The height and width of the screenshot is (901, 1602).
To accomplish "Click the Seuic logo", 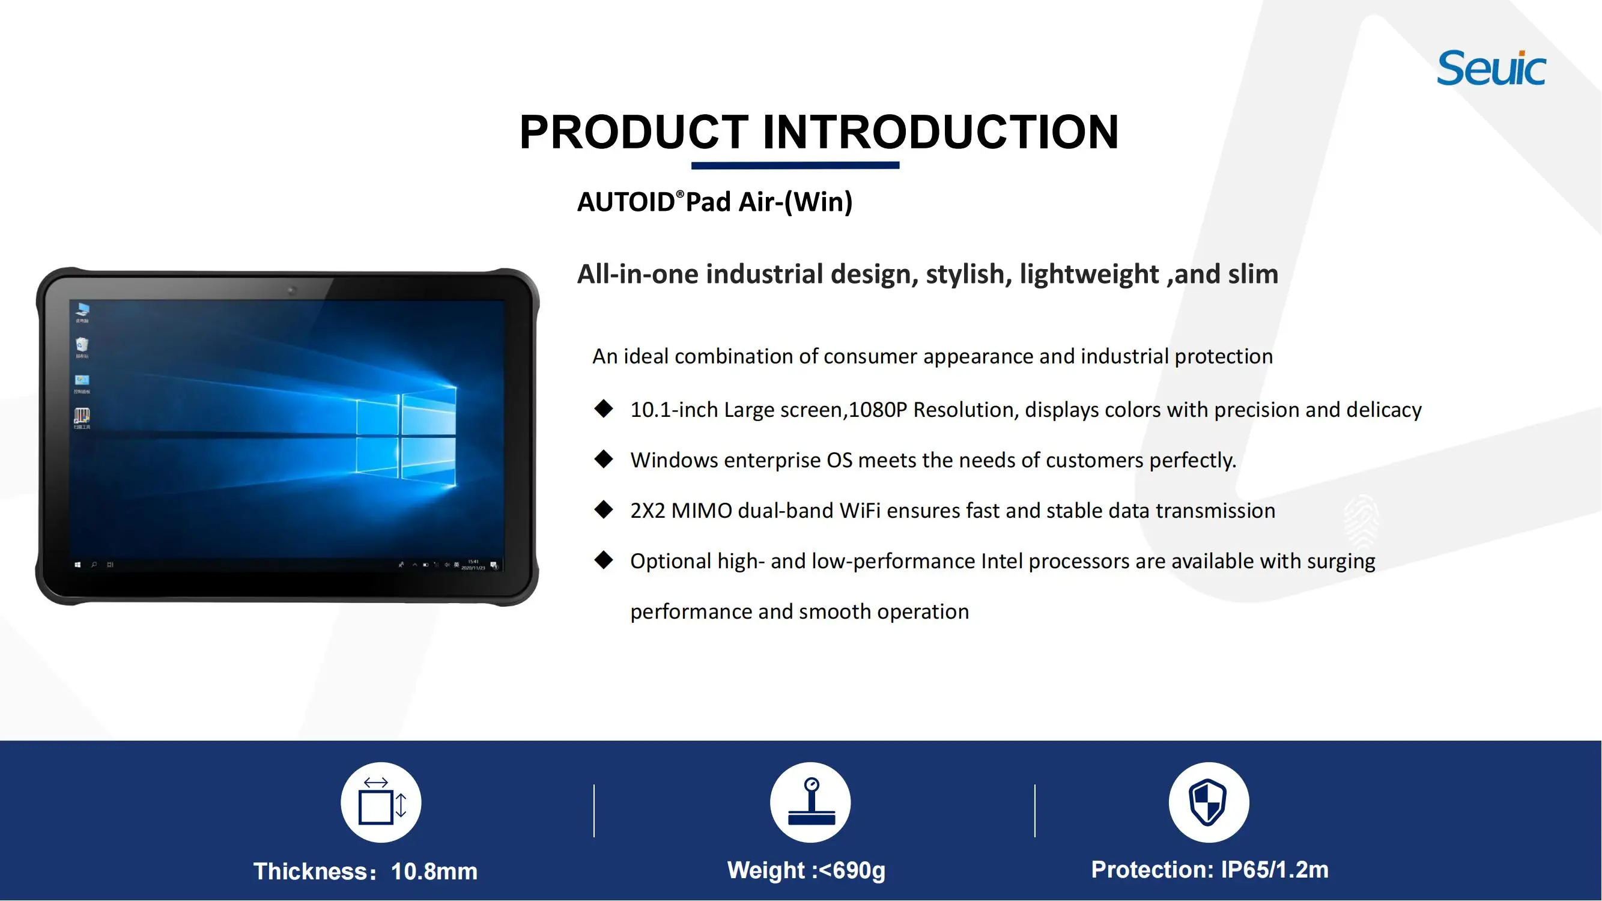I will [1491, 68].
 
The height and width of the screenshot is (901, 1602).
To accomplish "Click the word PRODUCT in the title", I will [634, 132].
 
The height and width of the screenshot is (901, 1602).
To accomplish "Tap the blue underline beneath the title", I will [795, 165].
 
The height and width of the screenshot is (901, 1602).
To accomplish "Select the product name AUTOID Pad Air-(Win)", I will [715, 202].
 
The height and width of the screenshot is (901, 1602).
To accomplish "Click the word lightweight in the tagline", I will [1089, 275].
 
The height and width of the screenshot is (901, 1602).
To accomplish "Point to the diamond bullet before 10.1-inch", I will [603, 409].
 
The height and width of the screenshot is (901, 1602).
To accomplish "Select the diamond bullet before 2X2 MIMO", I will [603, 510].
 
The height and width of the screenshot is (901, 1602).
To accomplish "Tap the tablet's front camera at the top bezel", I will [292, 290].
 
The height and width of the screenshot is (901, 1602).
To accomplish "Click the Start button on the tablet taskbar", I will [77, 565].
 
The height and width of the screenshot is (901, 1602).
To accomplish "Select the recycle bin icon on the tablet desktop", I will [82, 345].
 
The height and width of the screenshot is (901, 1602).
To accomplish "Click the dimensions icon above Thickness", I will [381, 802].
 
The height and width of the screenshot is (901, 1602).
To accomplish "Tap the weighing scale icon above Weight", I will [810, 802].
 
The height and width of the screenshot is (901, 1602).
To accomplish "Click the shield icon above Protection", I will [1209, 802].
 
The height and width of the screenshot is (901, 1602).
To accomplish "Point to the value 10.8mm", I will [434, 872].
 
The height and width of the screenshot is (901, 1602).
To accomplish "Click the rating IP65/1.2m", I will [1274, 870].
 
